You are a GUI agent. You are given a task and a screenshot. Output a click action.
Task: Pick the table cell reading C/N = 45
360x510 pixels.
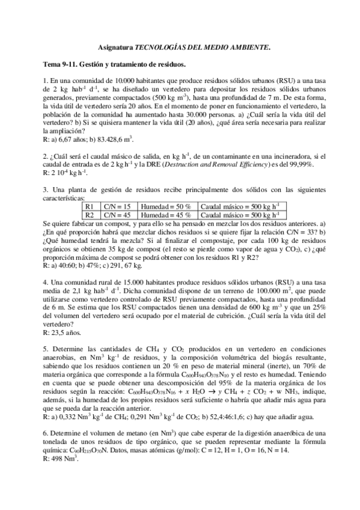point(118,214)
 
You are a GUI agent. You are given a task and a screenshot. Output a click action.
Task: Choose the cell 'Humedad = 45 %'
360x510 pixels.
point(165,214)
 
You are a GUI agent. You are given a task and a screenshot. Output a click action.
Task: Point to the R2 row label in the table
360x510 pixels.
point(90,214)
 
